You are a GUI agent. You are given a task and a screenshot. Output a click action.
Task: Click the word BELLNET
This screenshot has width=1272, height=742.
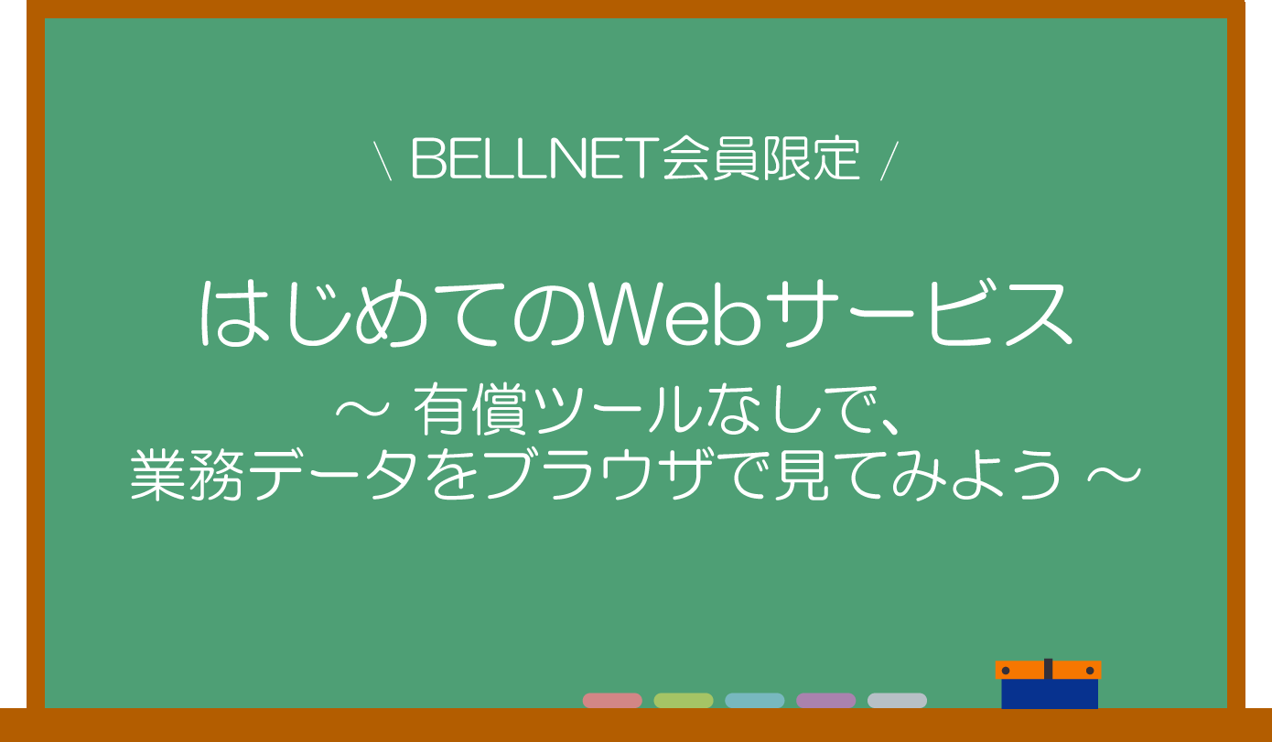[535, 159]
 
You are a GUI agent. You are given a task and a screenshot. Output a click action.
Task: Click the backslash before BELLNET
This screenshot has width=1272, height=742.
[383, 161]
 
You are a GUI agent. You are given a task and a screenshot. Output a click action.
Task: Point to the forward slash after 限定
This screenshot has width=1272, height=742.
[889, 161]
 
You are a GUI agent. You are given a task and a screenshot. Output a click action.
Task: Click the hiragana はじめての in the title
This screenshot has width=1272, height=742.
[393, 314]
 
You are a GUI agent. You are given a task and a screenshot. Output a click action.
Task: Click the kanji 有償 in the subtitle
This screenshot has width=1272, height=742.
[469, 409]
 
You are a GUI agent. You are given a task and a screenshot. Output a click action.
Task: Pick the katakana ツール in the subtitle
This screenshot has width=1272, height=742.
[617, 409]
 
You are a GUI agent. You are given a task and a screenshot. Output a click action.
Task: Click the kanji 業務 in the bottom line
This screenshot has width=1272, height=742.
[188, 475]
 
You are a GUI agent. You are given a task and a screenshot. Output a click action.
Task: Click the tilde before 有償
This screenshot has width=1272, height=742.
[362, 409]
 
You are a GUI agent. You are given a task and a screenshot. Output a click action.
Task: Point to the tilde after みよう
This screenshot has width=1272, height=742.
[1114, 475]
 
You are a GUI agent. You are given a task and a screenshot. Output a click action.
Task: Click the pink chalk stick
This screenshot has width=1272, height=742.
[612, 701]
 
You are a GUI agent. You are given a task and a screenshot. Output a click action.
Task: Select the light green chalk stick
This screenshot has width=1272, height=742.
[684, 701]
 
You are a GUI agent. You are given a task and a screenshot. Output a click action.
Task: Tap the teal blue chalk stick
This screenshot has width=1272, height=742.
[755, 701]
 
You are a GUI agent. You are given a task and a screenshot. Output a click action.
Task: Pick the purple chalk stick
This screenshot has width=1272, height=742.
[825, 701]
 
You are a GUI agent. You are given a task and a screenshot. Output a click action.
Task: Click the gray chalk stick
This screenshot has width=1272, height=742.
[897, 701]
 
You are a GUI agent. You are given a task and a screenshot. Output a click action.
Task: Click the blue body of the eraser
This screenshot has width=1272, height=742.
[1050, 694]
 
